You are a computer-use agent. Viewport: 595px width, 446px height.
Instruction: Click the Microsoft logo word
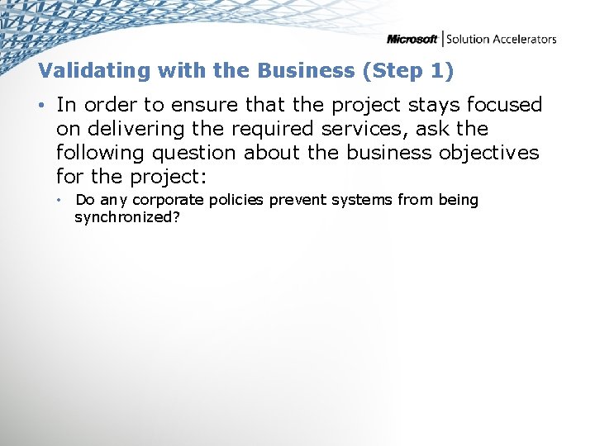(x=412, y=39)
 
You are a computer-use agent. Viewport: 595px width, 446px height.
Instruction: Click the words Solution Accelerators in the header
(x=502, y=39)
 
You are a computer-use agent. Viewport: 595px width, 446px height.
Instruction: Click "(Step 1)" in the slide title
(x=408, y=71)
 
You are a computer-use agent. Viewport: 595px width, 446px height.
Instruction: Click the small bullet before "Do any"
(x=59, y=201)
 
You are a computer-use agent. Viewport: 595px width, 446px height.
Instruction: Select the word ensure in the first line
(x=198, y=105)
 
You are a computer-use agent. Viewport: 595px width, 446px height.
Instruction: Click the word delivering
(x=131, y=129)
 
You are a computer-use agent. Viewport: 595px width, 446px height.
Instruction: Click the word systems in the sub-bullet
(x=361, y=201)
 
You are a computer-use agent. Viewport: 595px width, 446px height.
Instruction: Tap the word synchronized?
(x=127, y=217)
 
